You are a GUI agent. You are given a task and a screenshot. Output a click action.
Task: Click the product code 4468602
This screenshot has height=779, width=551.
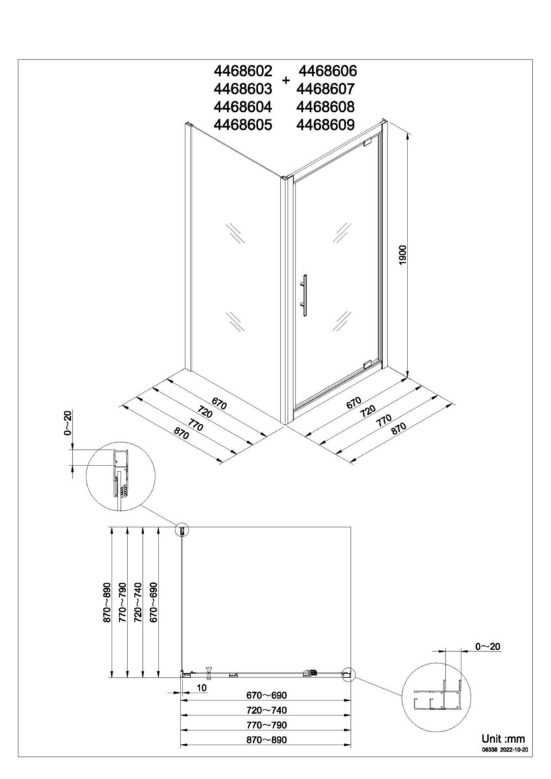(243, 71)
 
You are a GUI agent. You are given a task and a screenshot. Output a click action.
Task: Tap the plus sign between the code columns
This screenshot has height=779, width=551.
(286, 80)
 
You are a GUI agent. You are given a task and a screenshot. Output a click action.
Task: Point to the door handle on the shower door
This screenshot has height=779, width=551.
(303, 295)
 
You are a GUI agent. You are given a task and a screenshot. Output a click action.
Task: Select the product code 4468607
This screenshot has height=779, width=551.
(327, 89)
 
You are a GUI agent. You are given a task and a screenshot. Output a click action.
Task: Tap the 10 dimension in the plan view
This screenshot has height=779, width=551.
(201, 687)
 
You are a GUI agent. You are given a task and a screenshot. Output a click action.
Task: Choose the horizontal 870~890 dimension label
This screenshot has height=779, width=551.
(265, 739)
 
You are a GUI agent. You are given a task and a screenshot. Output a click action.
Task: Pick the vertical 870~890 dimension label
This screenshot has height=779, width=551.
(107, 603)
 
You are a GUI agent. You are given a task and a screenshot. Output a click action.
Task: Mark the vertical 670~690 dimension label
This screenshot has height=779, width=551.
(153, 603)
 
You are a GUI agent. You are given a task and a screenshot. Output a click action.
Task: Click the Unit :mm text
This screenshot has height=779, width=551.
(502, 739)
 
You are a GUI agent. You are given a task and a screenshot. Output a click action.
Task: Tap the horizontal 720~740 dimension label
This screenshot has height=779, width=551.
(265, 710)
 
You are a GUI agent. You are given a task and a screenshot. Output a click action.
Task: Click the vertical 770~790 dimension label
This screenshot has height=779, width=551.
(123, 603)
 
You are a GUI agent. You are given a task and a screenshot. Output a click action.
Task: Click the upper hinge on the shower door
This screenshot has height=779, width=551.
(368, 141)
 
